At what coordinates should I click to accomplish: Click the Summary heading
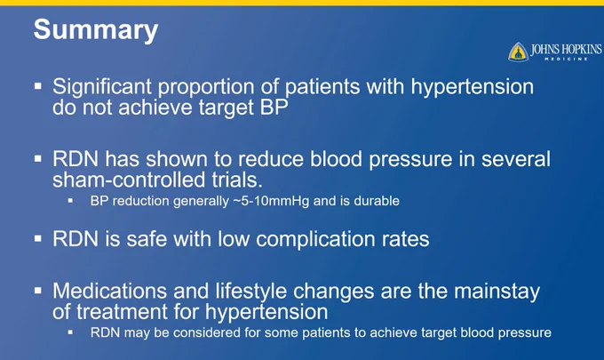coord(96,30)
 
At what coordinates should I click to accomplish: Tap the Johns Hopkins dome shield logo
coord(518,52)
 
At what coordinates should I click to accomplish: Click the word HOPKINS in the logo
coord(582,50)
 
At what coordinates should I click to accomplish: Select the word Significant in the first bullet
coord(102,86)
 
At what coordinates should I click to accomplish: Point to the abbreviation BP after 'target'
coord(274,108)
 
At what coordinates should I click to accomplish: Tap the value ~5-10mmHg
coord(271,201)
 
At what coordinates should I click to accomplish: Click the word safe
coord(147,239)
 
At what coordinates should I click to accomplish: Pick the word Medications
coord(109,291)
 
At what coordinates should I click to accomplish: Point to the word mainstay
coord(497,292)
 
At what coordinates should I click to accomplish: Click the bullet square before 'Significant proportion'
coord(37,85)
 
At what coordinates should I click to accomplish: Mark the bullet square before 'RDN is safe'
coord(37,238)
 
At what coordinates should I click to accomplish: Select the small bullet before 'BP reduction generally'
coord(70,200)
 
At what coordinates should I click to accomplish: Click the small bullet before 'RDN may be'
coord(70,332)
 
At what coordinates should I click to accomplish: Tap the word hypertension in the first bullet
coord(473,87)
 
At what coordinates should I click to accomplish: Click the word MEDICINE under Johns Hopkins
coord(566,59)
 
